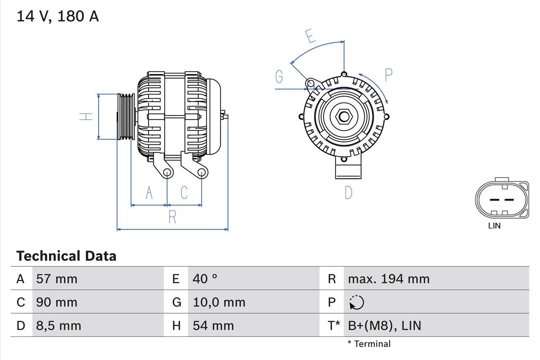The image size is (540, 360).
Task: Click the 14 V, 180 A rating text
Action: (x=58, y=16)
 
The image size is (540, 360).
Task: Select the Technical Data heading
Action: (x=66, y=256)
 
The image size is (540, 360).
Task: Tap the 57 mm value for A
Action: (x=57, y=279)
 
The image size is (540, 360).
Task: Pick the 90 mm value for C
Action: (x=57, y=302)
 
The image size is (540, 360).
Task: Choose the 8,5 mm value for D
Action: (x=59, y=325)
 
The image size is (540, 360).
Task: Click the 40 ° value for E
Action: (x=205, y=279)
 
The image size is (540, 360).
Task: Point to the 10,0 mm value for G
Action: (x=219, y=302)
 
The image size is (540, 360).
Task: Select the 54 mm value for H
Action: (x=213, y=325)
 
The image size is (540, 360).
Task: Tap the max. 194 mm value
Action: (x=389, y=279)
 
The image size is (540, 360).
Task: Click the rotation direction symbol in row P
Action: (x=356, y=303)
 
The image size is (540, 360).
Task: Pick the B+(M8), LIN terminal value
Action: (x=384, y=325)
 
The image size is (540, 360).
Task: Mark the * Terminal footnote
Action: (x=369, y=344)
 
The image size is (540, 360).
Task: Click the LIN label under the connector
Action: (x=494, y=226)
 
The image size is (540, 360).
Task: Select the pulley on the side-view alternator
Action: (x=125, y=116)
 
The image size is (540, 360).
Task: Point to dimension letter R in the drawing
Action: (x=172, y=217)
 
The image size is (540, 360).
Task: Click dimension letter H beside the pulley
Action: (x=86, y=116)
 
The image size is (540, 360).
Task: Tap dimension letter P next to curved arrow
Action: (x=388, y=75)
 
